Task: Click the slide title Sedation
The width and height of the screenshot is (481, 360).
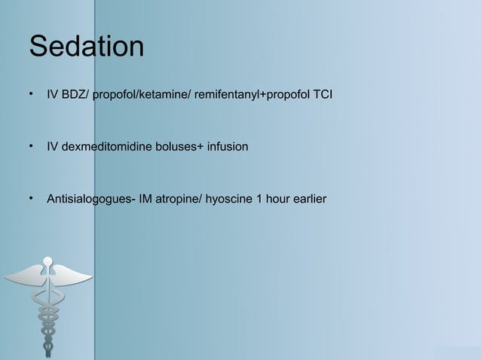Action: pos(86,47)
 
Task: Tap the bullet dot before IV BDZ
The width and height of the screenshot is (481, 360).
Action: pos(31,96)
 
